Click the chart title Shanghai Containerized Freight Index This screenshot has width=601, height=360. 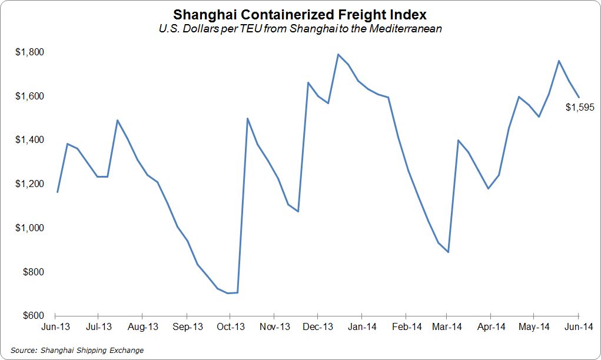pyautogui.click(x=300, y=14)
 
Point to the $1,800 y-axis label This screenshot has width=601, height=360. pyautogui.click(x=29, y=52)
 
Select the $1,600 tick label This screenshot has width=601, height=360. pyautogui.click(x=29, y=96)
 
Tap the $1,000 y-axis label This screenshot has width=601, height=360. pyautogui.click(x=29, y=228)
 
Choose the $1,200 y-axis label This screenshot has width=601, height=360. pyautogui.click(x=29, y=184)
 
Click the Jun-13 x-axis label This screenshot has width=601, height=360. pyautogui.click(x=57, y=326)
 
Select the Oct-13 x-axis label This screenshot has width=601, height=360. pyautogui.click(x=230, y=326)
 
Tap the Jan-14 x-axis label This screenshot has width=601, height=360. pyautogui.click(x=361, y=326)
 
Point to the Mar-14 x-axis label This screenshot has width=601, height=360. pyautogui.click(x=447, y=326)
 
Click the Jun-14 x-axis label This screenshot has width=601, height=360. pyautogui.click(x=578, y=326)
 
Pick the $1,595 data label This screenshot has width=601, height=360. pyautogui.click(x=580, y=108)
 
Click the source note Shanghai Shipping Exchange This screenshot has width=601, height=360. pyautogui.click(x=77, y=351)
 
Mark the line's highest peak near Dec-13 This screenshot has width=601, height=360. pyautogui.click(x=338, y=54)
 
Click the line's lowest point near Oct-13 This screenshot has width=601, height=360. pyautogui.click(x=228, y=293)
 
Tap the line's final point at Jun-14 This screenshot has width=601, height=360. pyautogui.click(x=578, y=97)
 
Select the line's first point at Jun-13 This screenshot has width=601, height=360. pyautogui.click(x=57, y=192)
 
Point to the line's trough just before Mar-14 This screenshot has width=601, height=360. pyautogui.click(x=449, y=252)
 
